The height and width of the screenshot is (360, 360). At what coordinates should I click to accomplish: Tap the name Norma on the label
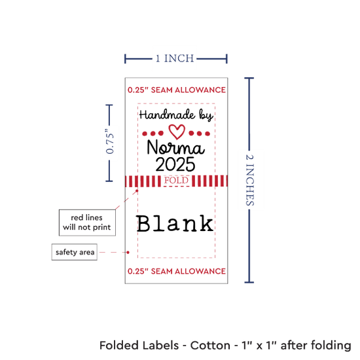175,147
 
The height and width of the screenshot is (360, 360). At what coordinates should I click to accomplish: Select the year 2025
175,164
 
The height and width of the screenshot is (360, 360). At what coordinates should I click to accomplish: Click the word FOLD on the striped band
176,181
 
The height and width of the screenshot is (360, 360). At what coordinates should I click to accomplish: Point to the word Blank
175,223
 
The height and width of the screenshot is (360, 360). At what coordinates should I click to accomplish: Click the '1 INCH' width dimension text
175,58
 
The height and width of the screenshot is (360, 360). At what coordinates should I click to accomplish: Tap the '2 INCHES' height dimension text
250,180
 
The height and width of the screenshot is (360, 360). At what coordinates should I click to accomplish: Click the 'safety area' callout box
75,252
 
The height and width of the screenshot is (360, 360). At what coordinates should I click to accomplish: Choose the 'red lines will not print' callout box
87,223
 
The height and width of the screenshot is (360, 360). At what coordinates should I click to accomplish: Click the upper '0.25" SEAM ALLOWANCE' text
177,90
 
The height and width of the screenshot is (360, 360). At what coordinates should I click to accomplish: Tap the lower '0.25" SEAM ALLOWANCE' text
177,271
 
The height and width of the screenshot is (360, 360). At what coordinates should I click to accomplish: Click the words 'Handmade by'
176,115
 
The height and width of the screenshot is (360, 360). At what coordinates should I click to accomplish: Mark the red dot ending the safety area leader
128,252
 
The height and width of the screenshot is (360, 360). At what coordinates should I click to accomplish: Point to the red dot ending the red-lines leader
137,190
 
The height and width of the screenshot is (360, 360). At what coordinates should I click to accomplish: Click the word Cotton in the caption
210,346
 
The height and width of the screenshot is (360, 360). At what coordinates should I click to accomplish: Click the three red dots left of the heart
153,134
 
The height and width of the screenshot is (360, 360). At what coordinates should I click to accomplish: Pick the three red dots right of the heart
199,134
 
